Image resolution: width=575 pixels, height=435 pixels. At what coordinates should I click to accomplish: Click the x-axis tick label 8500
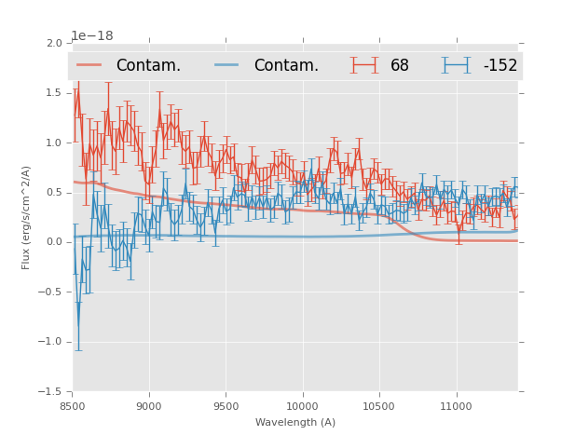(x=73, y=406)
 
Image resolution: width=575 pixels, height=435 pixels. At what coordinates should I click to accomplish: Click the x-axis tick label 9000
(x=149, y=406)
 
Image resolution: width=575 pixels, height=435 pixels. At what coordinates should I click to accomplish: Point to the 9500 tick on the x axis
(x=226, y=406)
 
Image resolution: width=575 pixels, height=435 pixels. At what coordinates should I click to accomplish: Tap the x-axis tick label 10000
(x=302, y=406)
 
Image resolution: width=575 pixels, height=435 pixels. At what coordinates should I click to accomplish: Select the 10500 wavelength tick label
(x=379, y=406)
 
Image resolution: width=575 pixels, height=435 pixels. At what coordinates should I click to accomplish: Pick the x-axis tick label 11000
(x=456, y=406)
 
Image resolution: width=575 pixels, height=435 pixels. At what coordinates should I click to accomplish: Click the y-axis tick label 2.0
(x=54, y=44)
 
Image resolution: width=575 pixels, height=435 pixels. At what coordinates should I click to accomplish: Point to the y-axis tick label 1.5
(x=54, y=93)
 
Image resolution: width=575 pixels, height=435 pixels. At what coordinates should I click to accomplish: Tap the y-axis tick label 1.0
(x=54, y=143)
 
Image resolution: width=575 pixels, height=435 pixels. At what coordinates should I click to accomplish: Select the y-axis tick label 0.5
(x=54, y=193)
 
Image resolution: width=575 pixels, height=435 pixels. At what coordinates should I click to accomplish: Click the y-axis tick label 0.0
(x=54, y=242)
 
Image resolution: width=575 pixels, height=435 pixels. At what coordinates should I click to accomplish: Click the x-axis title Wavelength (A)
(x=295, y=422)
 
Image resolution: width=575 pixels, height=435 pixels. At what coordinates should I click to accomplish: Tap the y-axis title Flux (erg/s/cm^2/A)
(x=27, y=217)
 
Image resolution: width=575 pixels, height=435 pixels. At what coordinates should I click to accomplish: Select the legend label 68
(x=400, y=66)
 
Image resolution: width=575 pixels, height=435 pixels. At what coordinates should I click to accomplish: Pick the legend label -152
(x=500, y=66)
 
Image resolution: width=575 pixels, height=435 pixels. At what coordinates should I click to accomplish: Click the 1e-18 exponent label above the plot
(x=92, y=36)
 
